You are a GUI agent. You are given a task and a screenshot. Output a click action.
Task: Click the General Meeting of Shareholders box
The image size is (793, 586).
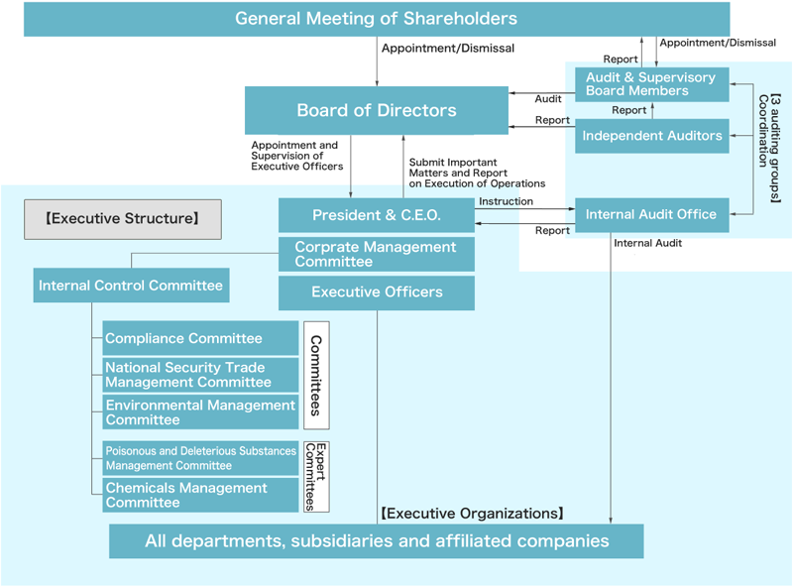pyautogui.click(x=377, y=19)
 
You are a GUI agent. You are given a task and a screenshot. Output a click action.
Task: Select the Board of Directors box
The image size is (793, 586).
pyautogui.click(x=377, y=110)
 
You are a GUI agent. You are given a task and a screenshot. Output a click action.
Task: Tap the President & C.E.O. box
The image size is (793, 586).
pyautogui.click(x=377, y=215)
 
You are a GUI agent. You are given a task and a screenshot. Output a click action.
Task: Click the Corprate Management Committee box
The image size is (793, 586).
pyautogui.click(x=377, y=254)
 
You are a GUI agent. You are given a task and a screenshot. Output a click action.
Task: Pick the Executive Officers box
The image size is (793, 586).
pyautogui.click(x=377, y=293)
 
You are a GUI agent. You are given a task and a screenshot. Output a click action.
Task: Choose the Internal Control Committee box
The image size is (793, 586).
pyautogui.click(x=131, y=286)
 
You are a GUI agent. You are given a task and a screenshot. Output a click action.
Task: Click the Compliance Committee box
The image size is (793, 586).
pyautogui.click(x=201, y=338)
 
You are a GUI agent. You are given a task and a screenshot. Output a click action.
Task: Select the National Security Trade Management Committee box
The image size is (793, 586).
pyautogui.click(x=201, y=375)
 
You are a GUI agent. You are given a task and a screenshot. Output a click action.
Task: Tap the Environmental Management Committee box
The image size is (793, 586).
pyautogui.click(x=201, y=412)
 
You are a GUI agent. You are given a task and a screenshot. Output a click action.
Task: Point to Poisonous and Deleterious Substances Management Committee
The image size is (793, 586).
pyautogui.click(x=201, y=458)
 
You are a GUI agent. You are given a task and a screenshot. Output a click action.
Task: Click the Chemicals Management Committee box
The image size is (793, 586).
pyautogui.click(x=201, y=495)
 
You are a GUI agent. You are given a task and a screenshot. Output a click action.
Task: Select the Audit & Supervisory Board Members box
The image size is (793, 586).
pyautogui.click(x=651, y=84)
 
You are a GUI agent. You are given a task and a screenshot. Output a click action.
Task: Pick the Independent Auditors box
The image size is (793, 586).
pyautogui.click(x=651, y=136)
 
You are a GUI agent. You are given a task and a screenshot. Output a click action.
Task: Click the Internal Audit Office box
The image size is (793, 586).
pyautogui.click(x=651, y=214)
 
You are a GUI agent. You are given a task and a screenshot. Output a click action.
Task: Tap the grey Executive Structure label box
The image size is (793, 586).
pyautogui.click(x=123, y=219)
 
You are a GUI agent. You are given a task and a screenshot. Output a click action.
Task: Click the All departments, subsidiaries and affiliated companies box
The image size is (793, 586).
pyautogui.click(x=377, y=541)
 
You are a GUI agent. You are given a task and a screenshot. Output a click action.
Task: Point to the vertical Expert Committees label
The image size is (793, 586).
pyautogui.click(x=316, y=476)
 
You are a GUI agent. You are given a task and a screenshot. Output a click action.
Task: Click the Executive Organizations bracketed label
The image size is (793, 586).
pyautogui.click(x=472, y=514)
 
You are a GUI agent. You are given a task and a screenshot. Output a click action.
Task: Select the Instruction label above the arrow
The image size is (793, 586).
pyautogui.click(x=506, y=201)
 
